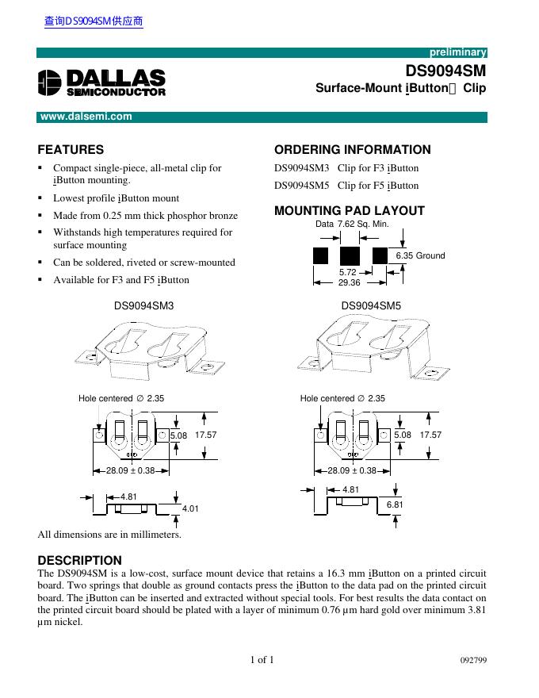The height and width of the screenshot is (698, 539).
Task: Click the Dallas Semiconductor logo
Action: (101, 82)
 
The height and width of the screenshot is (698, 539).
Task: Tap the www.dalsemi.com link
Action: (86, 117)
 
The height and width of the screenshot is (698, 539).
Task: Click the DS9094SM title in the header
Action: (445, 70)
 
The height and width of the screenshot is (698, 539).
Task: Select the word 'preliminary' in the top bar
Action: (457, 52)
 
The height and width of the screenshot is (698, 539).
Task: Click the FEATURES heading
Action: (71, 149)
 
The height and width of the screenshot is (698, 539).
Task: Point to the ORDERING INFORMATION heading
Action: (352, 149)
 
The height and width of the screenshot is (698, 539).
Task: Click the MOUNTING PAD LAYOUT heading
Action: (349, 211)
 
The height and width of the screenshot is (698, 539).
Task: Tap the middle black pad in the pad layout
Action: (349, 255)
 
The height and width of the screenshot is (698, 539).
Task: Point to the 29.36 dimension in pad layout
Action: (349, 283)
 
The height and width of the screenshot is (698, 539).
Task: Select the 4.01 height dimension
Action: (191, 507)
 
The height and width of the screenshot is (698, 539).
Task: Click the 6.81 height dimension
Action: (395, 505)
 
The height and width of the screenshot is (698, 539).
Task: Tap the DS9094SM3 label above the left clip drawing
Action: (143, 305)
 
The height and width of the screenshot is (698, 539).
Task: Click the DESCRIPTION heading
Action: (80, 560)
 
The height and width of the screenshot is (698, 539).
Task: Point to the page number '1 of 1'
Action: (262, 660)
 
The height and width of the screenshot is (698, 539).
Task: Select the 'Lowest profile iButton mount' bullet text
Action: (116, 198)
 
